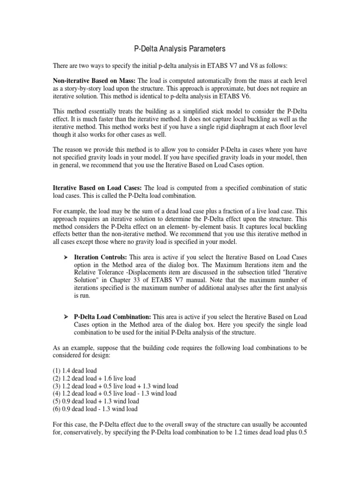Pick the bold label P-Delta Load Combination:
(x=112, y=317)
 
